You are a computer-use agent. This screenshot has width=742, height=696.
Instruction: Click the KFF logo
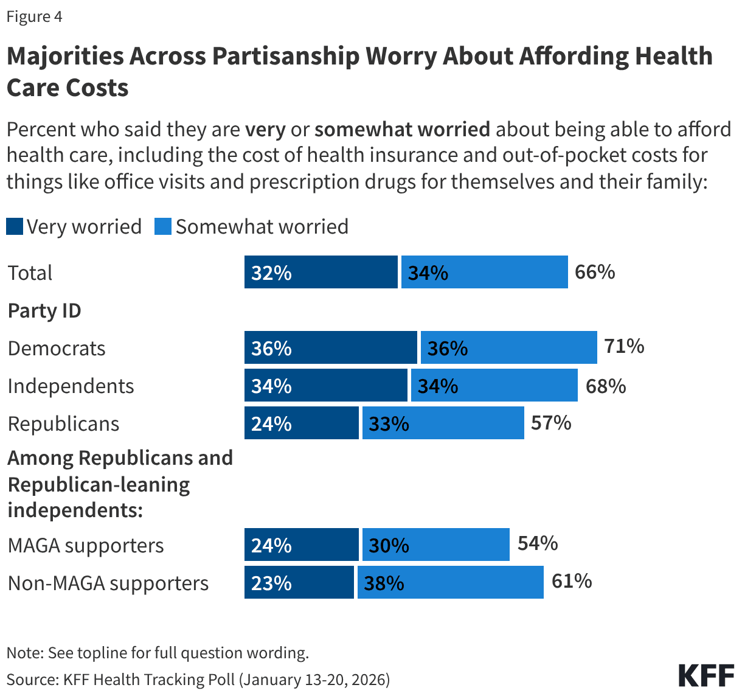pyautogui.click(x=706, y=676)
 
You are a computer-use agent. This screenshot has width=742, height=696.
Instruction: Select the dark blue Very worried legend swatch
pyautogui.click(x=15, y=227)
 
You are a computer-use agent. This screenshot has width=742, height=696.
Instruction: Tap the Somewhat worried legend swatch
pyautogui.click(x=163, y=227)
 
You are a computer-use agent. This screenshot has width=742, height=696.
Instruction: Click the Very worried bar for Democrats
pyautogui.click(x=331, y=348)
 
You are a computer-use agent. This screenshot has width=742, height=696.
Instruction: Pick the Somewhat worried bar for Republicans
pyautogui.click(x=443, y=423)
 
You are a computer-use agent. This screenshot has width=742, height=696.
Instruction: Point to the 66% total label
pyautogui.click(x=595, y=272)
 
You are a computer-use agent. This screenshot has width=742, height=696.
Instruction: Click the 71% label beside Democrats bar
pyautogui.click(x=624, y=346)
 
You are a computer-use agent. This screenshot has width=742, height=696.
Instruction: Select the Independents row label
pyautogui.click(x=71, y=386)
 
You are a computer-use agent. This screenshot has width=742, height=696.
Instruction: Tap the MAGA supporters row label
pyautogui.click(x=86, y=546)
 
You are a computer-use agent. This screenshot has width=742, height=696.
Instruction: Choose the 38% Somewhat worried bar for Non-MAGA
pyautogui.click(x=450, y=583)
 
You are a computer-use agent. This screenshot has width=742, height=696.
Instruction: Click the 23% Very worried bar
pyautogui.click(x=299, y=583)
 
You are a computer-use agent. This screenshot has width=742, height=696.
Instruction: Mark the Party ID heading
pyautogui.click(x=44, y=311)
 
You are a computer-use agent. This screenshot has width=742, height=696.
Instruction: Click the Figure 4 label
pyautogui.click(x=34, y=16)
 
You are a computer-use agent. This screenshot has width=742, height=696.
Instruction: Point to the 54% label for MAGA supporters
pyautogui.click(x=538, y=543)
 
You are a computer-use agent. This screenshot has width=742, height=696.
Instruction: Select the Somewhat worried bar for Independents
pyautogui.click(x=494, y=386)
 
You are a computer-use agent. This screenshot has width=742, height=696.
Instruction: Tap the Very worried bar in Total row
pyautogui.click(x=321, y=272)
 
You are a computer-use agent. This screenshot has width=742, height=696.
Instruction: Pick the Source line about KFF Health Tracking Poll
pyautogui.click(x=198, y=679)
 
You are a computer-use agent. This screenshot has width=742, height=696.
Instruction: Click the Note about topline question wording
pyautogui.click(x=158, y=653)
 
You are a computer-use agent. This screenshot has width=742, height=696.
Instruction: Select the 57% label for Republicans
pyautogui.click(x=551, y=423)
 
